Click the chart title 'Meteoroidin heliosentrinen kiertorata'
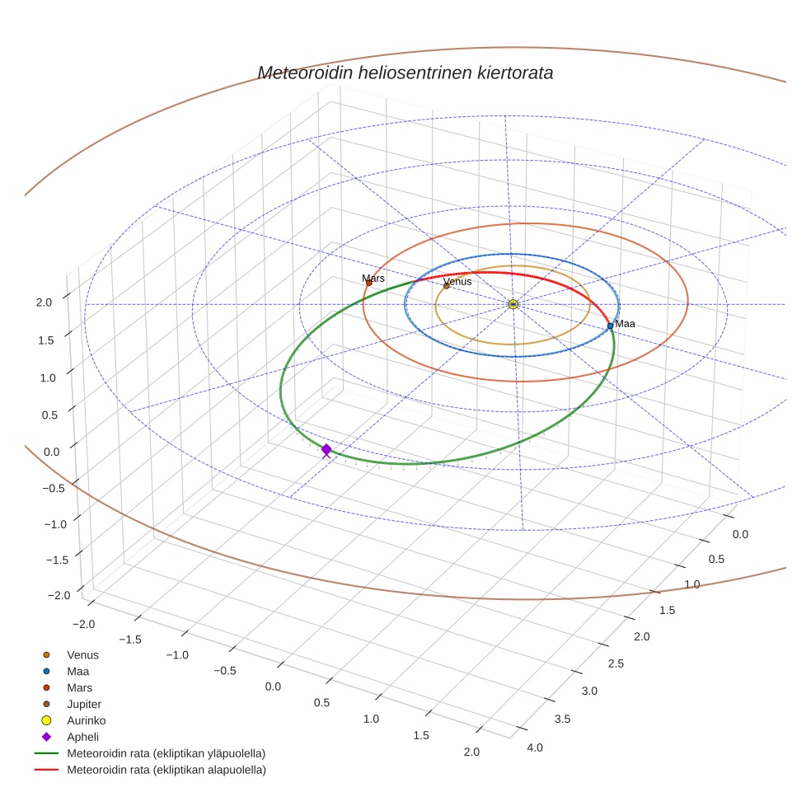coord(405,73)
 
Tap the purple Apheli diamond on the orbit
coord(326,449)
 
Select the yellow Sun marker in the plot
coord(513,304)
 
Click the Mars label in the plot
coord(373,279)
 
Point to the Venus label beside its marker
coord(457,281)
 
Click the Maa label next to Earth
coord(625,324)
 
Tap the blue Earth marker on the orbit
coord(610,326)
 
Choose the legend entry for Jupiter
coord(84,704)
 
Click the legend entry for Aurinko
coord(86,720)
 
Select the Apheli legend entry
coord(82,737)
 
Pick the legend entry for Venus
coord(82,655)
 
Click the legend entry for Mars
coord(79,687)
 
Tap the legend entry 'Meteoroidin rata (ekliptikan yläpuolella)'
coord(166,753)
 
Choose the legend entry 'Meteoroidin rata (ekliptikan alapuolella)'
coord(166,770)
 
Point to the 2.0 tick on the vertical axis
coord(45,302)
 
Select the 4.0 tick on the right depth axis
coord(534,748)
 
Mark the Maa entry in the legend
coord(77,671)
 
